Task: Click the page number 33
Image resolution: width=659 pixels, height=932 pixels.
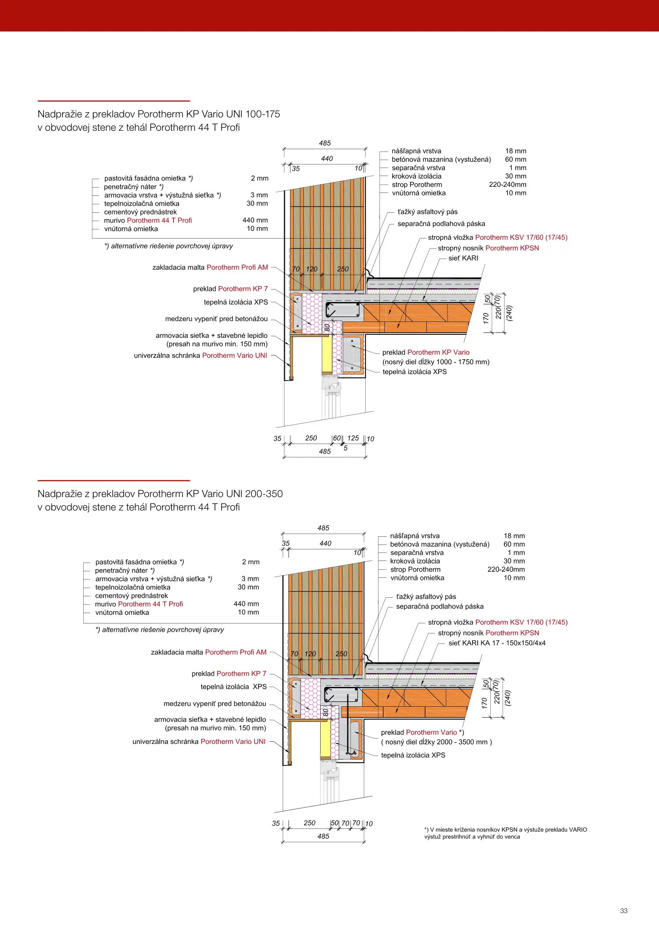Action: pyautogui.click(x=624, y=910)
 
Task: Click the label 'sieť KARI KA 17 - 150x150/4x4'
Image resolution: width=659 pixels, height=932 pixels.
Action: pyautogui.click(x=497, y=643)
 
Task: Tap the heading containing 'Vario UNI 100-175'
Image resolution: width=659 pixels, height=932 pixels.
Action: pyautogui.click(x=159, y=114)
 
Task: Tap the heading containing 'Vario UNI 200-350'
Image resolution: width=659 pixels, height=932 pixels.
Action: pyautogui.click(x=160, y=494)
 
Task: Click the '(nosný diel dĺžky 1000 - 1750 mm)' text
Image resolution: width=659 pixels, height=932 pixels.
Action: pyautogui.click(x=436, y=362)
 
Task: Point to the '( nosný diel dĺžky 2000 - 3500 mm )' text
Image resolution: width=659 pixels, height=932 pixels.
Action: pyautogui.click(x=436, y=742)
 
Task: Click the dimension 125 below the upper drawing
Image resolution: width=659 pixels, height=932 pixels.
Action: pyautogui.click(x=353, y=438)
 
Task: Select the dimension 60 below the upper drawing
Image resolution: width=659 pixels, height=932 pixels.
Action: pyautogui.click(x=337, y=438)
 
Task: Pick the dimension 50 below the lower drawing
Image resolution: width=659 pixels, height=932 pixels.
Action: pyautogui.click(x=334, y=823)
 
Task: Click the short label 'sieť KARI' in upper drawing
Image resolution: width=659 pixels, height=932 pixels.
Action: pyautogui.click(x=463, y=258)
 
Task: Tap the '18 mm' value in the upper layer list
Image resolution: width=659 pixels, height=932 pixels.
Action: pyautogui.click(x=516, y=151)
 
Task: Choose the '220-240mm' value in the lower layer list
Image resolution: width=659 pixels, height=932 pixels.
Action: pyautogui.click(x=506, y=570)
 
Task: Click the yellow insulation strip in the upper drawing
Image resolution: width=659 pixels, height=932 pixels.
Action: pyautogui.click(x=327, y=354)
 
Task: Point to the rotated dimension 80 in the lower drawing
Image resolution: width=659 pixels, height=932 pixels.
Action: pyautogui.click(x=326, y=712)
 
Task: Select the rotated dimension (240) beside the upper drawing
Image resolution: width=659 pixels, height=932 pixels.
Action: pyautogui.click(x=509, y=313)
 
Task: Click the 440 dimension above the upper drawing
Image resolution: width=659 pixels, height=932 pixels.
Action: pyautogui.click(x=327, y=158)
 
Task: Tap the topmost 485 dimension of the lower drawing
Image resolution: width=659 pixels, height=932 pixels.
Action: pyautogui.click(x=323, y=528)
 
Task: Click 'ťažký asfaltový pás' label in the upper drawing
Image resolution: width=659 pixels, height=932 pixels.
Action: pyautogui.click(x=427, y=212)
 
